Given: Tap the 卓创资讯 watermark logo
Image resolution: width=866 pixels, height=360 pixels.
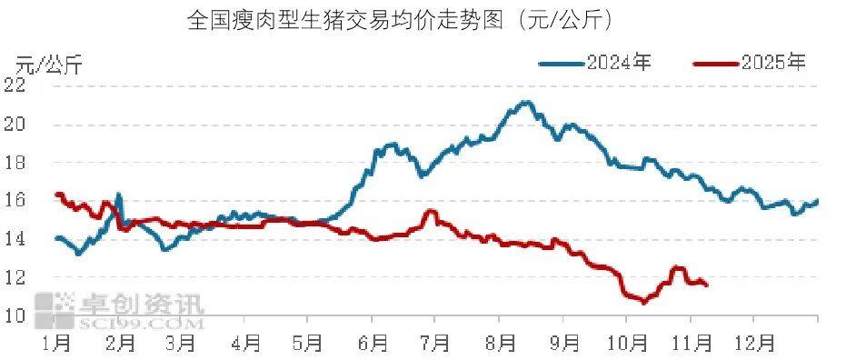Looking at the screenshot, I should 118,309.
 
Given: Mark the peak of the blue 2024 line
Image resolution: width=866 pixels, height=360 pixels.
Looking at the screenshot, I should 524,102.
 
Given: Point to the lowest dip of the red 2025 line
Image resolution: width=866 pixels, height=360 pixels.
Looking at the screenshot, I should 642,302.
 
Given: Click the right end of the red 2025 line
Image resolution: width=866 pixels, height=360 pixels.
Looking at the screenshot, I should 707,285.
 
